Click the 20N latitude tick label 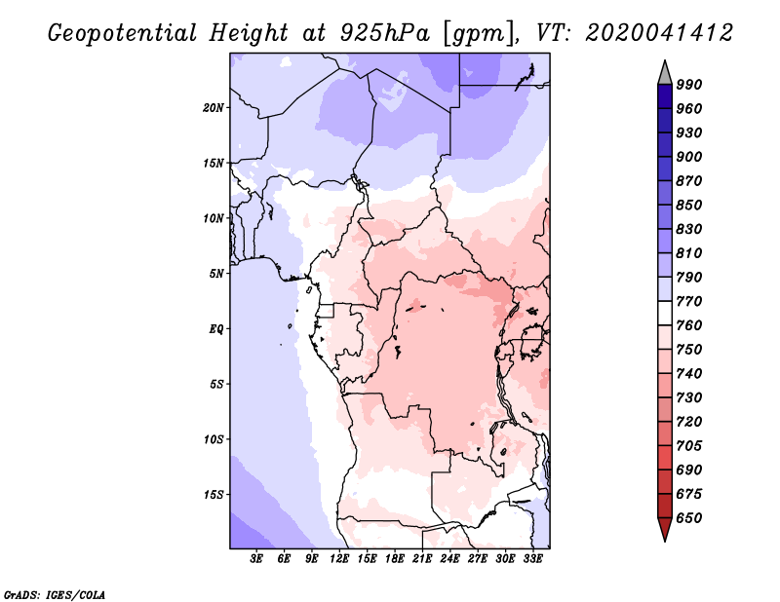(x=214, y=108)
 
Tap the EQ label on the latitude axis (x=216, y=329)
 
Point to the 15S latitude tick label (x=214, y=495)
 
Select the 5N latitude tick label (x=216, y=274)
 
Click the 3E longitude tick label (x=256, y=559)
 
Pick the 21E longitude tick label (x=422, y=559)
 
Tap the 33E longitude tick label (x=532, y=559)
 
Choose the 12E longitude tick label (x=338, y=559)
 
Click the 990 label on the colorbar (x=689, y=85)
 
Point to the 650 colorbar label (x=689, y=518)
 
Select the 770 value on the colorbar (x=689, y=301)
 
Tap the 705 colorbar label (x=689, y=446)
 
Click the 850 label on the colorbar (x=689, y=205)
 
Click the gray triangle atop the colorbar (x=665, y=74)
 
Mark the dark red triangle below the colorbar (x=665, y=528)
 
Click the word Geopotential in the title (x=123, y=34)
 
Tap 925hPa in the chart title (x=385, y=33)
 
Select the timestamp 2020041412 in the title (x=659, y=33)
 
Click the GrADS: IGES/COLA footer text (x=55, y=595)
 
